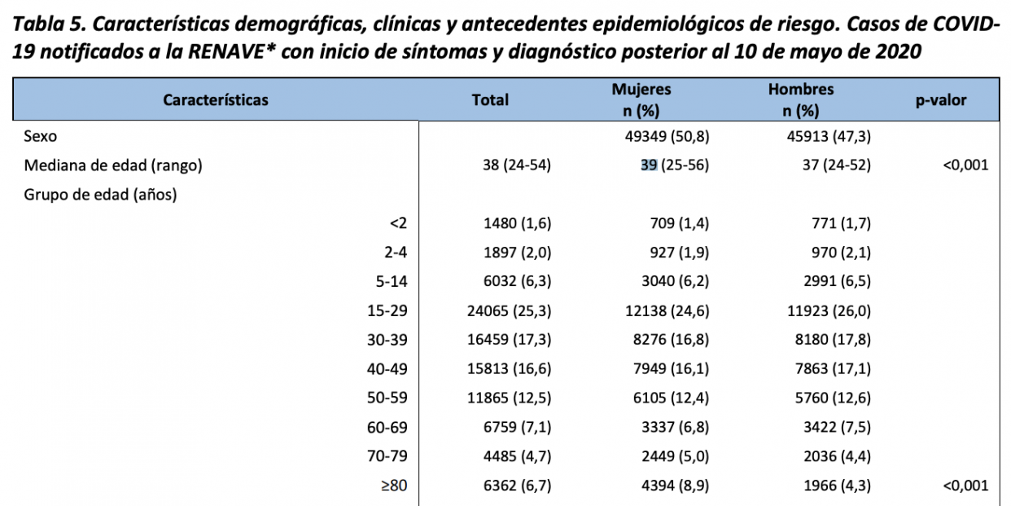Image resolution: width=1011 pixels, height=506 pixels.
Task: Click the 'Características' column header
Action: tap(216, 100)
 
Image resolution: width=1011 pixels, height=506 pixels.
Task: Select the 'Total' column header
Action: tap(490, 100)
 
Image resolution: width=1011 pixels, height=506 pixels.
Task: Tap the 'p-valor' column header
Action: tap(941, 100)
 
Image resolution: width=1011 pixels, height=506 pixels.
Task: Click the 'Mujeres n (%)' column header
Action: tap(641, 100)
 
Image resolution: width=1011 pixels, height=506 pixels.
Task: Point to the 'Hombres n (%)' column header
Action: tap(801, 100)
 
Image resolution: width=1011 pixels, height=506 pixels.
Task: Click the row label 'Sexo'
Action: tap(41, 137)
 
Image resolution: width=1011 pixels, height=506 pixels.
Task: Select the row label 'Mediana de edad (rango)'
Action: tap(113, 165)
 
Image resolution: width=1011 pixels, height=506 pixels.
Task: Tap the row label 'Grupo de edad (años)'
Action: tap(101, 194)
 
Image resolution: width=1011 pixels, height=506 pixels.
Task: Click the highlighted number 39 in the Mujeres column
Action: tap(649, 165)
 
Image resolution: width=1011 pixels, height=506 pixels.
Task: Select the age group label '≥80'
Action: tap(394, 486)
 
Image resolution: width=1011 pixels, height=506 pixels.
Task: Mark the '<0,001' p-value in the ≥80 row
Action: tap(965, 486)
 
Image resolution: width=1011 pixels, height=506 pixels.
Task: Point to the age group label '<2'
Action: tap(398, 223)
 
